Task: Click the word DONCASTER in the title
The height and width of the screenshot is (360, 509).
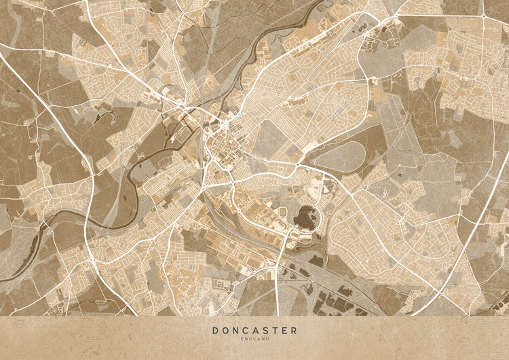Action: (254, 330)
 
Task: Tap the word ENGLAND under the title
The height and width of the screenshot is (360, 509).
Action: (254, 339)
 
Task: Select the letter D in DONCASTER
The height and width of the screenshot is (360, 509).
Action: (215, 330)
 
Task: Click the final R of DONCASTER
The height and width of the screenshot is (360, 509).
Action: (294, 330)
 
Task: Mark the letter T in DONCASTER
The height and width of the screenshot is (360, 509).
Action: (274, 330)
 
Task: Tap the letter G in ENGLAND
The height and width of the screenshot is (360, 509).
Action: (250, 339)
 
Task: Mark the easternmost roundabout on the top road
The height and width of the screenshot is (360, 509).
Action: (483, 15)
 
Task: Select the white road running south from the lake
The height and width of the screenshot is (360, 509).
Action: (278, 285)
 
